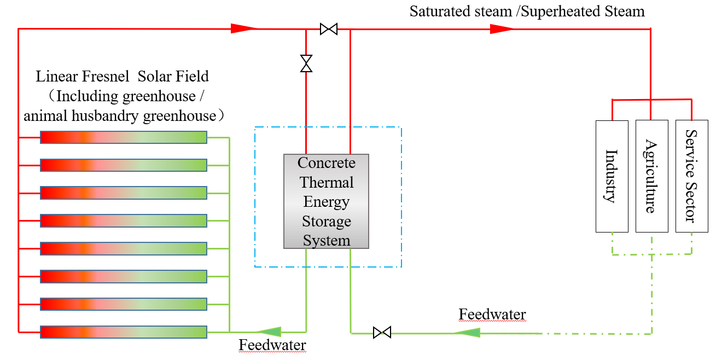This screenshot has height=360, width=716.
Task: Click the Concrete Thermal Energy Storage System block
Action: click(x=326, y=201)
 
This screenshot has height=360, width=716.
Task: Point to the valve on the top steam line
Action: click(x=328, y=29)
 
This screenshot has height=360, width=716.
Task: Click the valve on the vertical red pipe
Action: click(x=306, y=63)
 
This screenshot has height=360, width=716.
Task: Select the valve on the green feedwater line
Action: click(x=382, y=332)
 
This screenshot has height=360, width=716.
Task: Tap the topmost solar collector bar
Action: click(x=124, y=137)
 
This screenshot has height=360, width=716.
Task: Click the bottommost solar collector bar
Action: click(x=124, y=332)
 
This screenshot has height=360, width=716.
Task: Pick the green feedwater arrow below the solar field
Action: click(x=269, y=332)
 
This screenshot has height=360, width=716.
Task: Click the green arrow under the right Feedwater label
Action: click(x=468, y=333)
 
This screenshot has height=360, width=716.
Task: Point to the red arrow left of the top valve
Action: click(x=243, y=28)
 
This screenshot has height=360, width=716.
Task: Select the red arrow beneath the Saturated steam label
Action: click(x=501, y=29)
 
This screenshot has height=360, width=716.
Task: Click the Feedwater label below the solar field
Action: click(x=272, y=345)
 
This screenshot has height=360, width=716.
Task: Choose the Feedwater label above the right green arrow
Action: click(x=492, y=315)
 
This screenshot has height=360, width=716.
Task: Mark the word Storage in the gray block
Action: click(x=327, y=222)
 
